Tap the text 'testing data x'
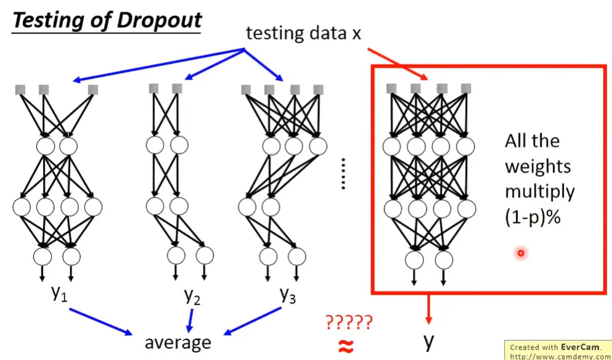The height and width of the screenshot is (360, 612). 303,33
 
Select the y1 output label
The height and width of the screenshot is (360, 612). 59,294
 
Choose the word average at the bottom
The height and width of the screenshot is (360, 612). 177,342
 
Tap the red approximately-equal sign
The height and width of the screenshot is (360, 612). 347,346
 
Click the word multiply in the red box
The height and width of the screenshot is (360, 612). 539,192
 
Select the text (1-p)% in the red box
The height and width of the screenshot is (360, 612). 532,216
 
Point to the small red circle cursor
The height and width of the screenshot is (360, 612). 521,253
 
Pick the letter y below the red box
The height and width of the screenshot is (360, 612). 429,341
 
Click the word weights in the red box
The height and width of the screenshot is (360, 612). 537,166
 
